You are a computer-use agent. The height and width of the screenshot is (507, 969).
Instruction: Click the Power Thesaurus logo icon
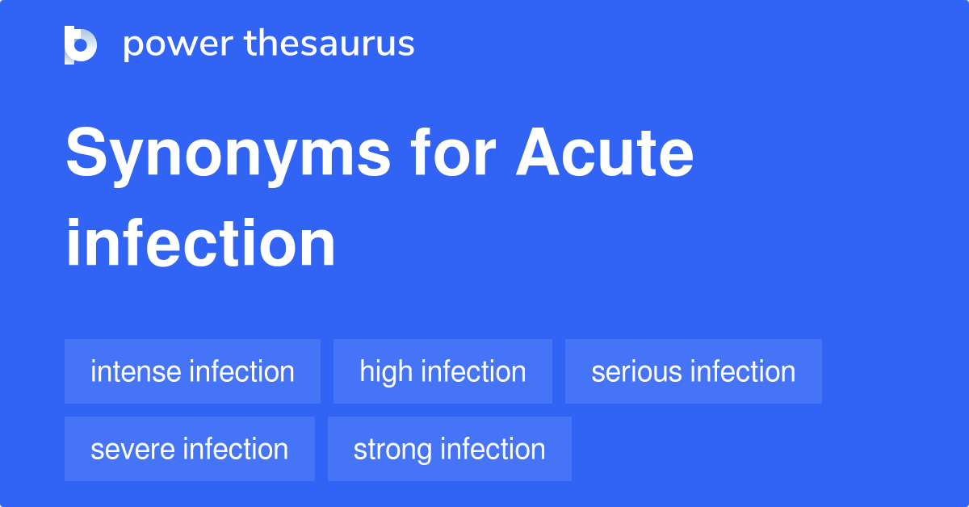pyautogui.click(x=81, y=44)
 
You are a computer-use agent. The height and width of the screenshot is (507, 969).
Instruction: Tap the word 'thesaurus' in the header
pyautogui.click(x=330, y=44)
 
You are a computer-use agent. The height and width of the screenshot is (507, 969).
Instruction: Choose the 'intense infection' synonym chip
pyautogui.click(x=192, y=371)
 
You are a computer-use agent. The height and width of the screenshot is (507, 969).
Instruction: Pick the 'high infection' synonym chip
pyautogui.click(x=443, y=371)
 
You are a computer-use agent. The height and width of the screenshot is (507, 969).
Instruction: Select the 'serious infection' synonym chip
pyautogui.click(x=693, y=371)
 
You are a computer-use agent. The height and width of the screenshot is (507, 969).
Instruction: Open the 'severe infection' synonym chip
pyautogui.click(x=190, y=449)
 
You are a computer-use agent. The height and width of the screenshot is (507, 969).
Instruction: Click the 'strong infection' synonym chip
pyautogui.click(x=449, y=449)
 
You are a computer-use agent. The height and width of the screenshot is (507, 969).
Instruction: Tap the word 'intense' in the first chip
pyautogui.click(x=136, y=371)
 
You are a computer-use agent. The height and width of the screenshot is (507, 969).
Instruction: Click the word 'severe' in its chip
pyautogui.click(x=134, y=449)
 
